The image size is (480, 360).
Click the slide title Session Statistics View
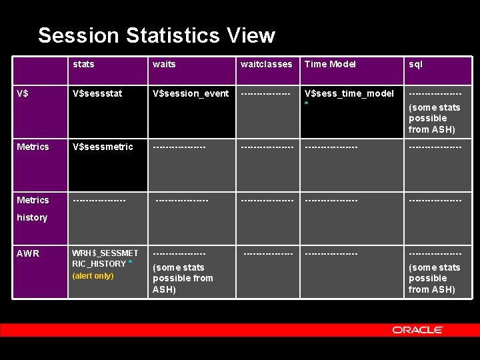click(156, 35)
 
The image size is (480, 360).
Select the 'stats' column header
click(83, 64)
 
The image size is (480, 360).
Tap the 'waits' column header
click(164, 64)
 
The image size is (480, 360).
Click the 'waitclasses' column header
click(266, 64)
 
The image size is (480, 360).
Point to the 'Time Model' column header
click(330, 64)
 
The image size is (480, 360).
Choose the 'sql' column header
click(415, 64)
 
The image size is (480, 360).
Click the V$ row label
click(23, 93)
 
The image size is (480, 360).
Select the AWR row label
click(28, 253)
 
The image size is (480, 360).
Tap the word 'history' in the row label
click(32, 217)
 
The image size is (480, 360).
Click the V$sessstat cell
click(97, 93)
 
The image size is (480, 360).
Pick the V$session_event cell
click(191, 93)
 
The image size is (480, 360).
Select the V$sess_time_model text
click(349, 93)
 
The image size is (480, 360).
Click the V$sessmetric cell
click(103, 147)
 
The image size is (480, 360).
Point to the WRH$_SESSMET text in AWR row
click(105, 253)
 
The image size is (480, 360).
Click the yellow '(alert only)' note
click(93, 276)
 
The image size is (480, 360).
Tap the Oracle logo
click(417, 330)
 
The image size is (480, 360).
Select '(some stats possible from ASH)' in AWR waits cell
click(183, 278)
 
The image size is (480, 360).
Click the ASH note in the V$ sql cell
click(434, 118)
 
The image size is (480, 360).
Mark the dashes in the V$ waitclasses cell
click(265, 94)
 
